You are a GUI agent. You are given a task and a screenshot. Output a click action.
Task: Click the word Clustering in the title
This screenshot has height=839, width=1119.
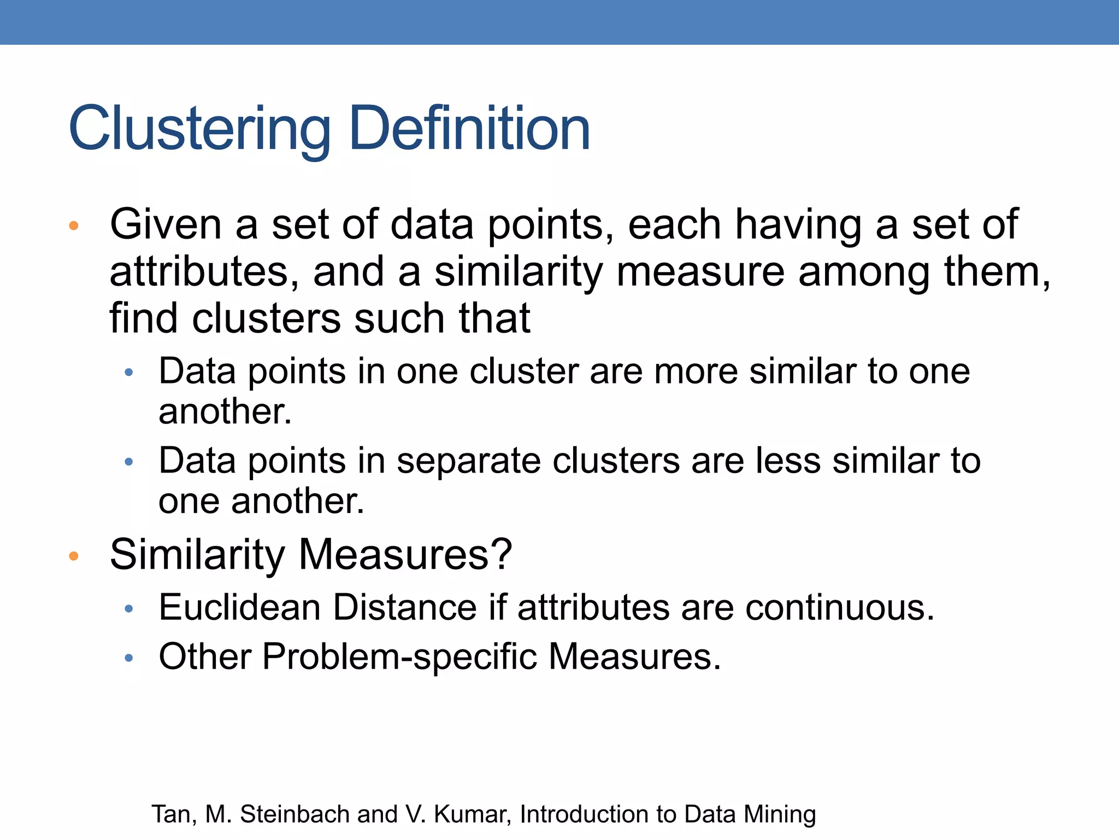(x=199, y=129)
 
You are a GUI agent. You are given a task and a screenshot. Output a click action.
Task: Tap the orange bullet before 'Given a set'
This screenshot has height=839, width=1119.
(x=74, y=226)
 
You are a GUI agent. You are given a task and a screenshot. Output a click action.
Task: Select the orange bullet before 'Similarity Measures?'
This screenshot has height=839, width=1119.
(x=74, y=556)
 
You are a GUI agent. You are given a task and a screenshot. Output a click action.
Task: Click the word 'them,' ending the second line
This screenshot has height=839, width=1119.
(x=997, y=271)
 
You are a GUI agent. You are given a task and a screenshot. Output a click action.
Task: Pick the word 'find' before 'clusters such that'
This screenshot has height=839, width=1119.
(x=143, y=318)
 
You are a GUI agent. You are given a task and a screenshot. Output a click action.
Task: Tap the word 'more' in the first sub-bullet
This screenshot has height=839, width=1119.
(x=696, y=371)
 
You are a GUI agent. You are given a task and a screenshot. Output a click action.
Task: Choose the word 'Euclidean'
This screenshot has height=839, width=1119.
(x=239, y=607)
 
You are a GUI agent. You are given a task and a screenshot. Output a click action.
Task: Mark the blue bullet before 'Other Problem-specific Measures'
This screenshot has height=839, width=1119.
(x=129, y=658)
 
